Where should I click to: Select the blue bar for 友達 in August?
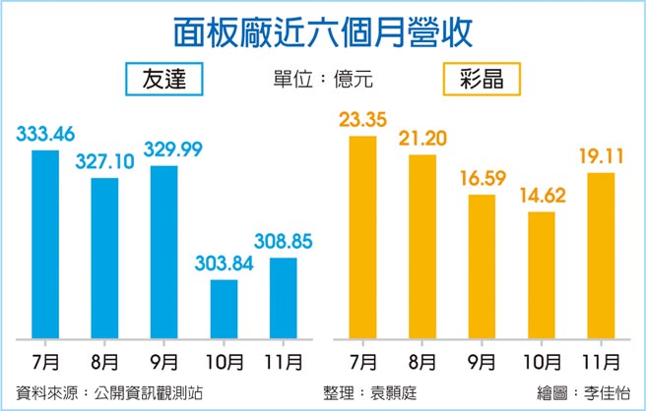(104, 257)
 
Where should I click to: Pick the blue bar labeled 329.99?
(163, 251)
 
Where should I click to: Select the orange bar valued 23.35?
(363, 236)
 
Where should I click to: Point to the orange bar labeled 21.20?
(422, 245)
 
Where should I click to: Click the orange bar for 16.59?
(482, 265)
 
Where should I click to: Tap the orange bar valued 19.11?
(600, 255)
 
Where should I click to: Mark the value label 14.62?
(542, 197)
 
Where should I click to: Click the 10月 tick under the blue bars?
(225, 360)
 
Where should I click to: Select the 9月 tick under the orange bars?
(483, 360)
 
